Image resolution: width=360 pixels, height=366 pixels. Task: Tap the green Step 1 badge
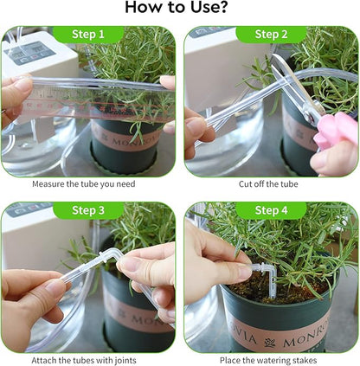point(89,35)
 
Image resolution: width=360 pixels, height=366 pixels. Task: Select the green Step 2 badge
point(272,35)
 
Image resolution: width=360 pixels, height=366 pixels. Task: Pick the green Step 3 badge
point(89,211)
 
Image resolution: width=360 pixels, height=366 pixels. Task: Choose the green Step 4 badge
point(272,211)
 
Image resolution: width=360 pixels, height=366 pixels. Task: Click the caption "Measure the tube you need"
point(83,183)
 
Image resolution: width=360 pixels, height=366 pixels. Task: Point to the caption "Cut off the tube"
point(270,183)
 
